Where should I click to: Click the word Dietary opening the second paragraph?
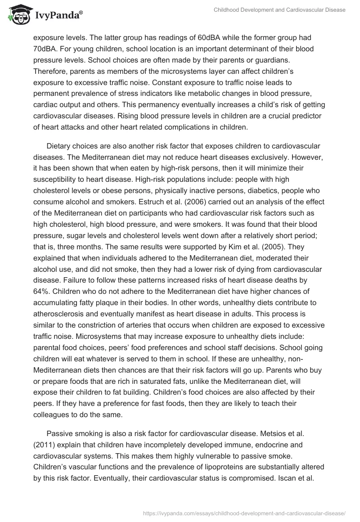59,147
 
